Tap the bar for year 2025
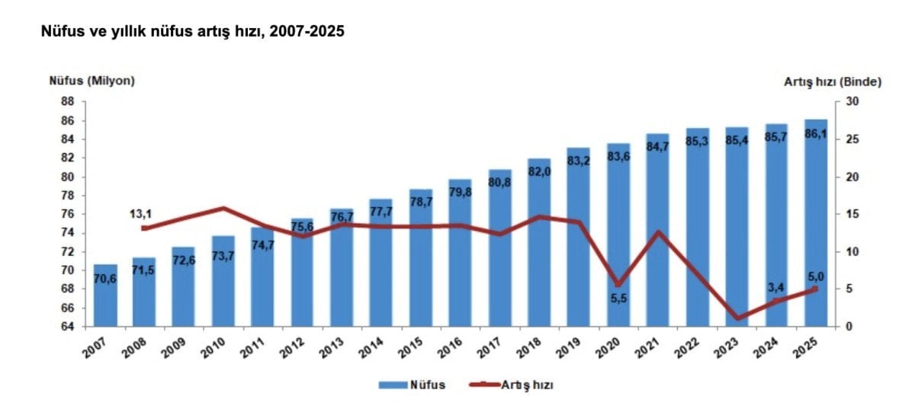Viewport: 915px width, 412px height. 816,228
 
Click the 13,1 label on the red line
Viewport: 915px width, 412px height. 143,214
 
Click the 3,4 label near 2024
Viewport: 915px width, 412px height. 776,286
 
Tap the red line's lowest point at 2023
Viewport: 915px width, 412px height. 737,318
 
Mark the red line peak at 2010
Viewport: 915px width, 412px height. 223,208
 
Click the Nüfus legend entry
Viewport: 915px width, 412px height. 412,385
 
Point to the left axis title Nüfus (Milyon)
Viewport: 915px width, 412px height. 91,81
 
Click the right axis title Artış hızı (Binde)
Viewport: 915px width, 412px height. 832,81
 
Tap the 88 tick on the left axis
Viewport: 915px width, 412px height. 67,102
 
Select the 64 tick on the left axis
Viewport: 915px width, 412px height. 67,327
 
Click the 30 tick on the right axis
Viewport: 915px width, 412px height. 852,102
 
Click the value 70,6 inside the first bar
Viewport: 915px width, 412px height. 106,279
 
